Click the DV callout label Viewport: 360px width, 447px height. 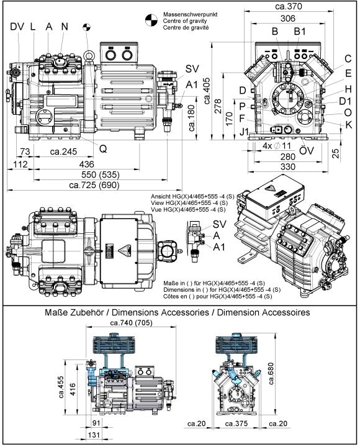[x=17, y=27]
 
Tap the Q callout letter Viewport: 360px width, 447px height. [x=103, y=148]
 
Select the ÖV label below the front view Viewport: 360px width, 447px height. [x=307, y=150]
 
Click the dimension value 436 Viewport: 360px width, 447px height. [x=87, y=164]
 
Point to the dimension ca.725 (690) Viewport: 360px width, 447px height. [x=94, y=185]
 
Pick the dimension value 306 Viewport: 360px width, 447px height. [x=288, y=19]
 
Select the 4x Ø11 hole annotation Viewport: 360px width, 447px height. [x=276, y=146]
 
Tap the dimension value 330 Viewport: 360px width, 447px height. [x=288, y=167]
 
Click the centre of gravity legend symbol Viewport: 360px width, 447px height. [x=151, y=20]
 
